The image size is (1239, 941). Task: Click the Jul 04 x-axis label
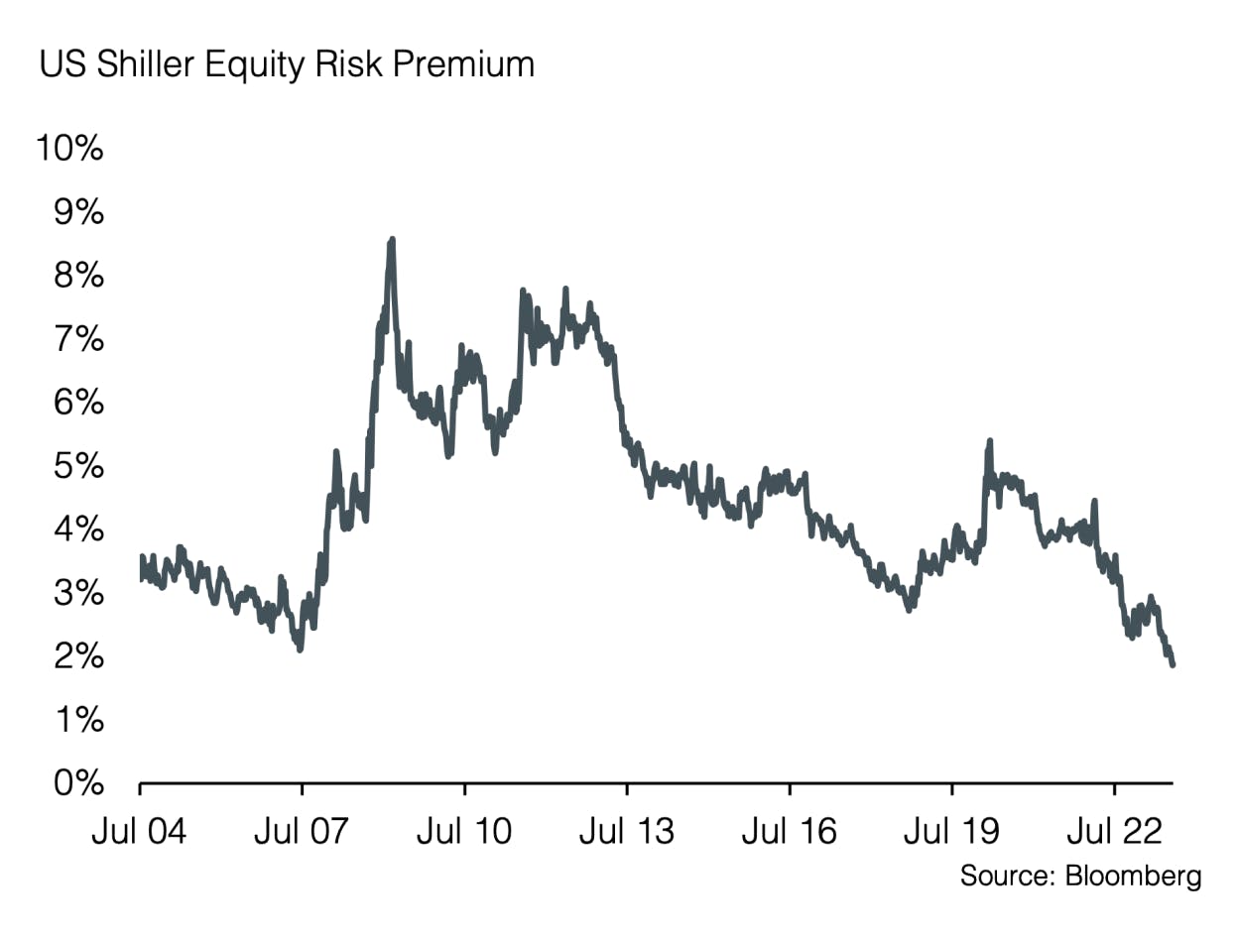click(139, 830)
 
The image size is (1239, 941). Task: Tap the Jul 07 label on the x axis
click(302, 830)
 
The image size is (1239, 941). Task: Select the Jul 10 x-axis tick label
click(464, 830)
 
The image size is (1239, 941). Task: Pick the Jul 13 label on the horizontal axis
click(626, 830)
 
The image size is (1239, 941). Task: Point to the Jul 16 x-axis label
click(789, 830)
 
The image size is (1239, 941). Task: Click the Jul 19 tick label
click(951, 830)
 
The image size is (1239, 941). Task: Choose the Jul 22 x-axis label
click(1114, 830)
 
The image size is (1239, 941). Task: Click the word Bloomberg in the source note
click(1133, 877)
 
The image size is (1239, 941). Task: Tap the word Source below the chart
click(1006, 877)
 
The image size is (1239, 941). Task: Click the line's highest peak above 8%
click(392, 240)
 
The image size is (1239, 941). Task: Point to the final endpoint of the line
click(1173, 663)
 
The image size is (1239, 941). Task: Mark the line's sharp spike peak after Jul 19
click(989, 441)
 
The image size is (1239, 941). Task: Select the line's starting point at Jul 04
click(141, 557)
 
